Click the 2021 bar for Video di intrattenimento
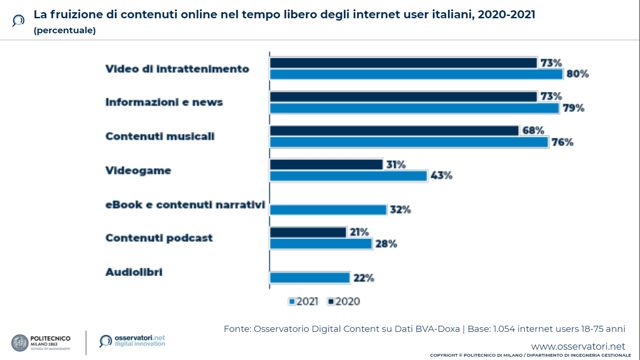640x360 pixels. click(x=416, y=75)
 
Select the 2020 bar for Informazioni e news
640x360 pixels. click(x=403, y=97)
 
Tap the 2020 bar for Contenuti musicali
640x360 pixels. click(x=394, y=130)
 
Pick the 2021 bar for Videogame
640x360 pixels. click(x=349, y=176)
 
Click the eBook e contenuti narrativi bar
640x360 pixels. click(x=328, y=210)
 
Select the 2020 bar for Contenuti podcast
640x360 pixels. click(x=308, y=232)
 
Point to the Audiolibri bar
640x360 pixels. click(x=310, y=278)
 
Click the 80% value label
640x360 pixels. click(x=577, y=74)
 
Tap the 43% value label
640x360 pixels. click(x=441, y=176)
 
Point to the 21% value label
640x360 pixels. click(x=359, y=232)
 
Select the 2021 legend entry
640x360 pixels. click(x=304, y=301)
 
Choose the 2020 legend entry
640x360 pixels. click(x=344, y=301)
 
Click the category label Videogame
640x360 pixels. click(x=138, y=170)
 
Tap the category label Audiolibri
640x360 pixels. click(x=134, y=272)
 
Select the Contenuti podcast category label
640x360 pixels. click(x=159, y=238)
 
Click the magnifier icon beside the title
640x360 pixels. click(x=18, y=21)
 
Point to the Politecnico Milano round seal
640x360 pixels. click(x=20, y=343)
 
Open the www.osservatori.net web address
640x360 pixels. click(x=578, y=346)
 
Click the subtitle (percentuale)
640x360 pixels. click(x=65, y=31)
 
